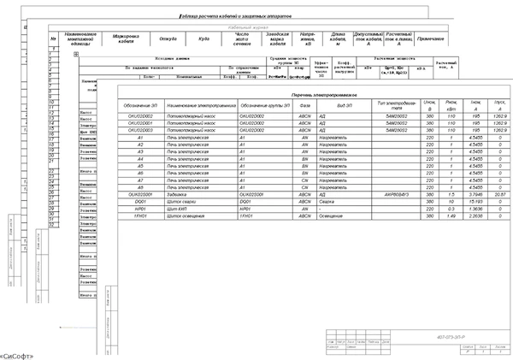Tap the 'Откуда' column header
click(168, 38)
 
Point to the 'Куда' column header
click(203, 38)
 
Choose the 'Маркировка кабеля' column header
click(127, 38)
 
